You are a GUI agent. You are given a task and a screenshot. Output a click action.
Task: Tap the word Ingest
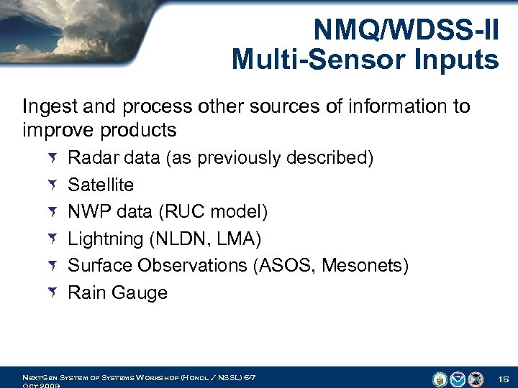(x=47, y=107)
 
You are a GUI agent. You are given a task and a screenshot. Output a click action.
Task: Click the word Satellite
(x=101, y=185)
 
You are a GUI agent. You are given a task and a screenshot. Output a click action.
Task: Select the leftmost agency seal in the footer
(x=440, y=379)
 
